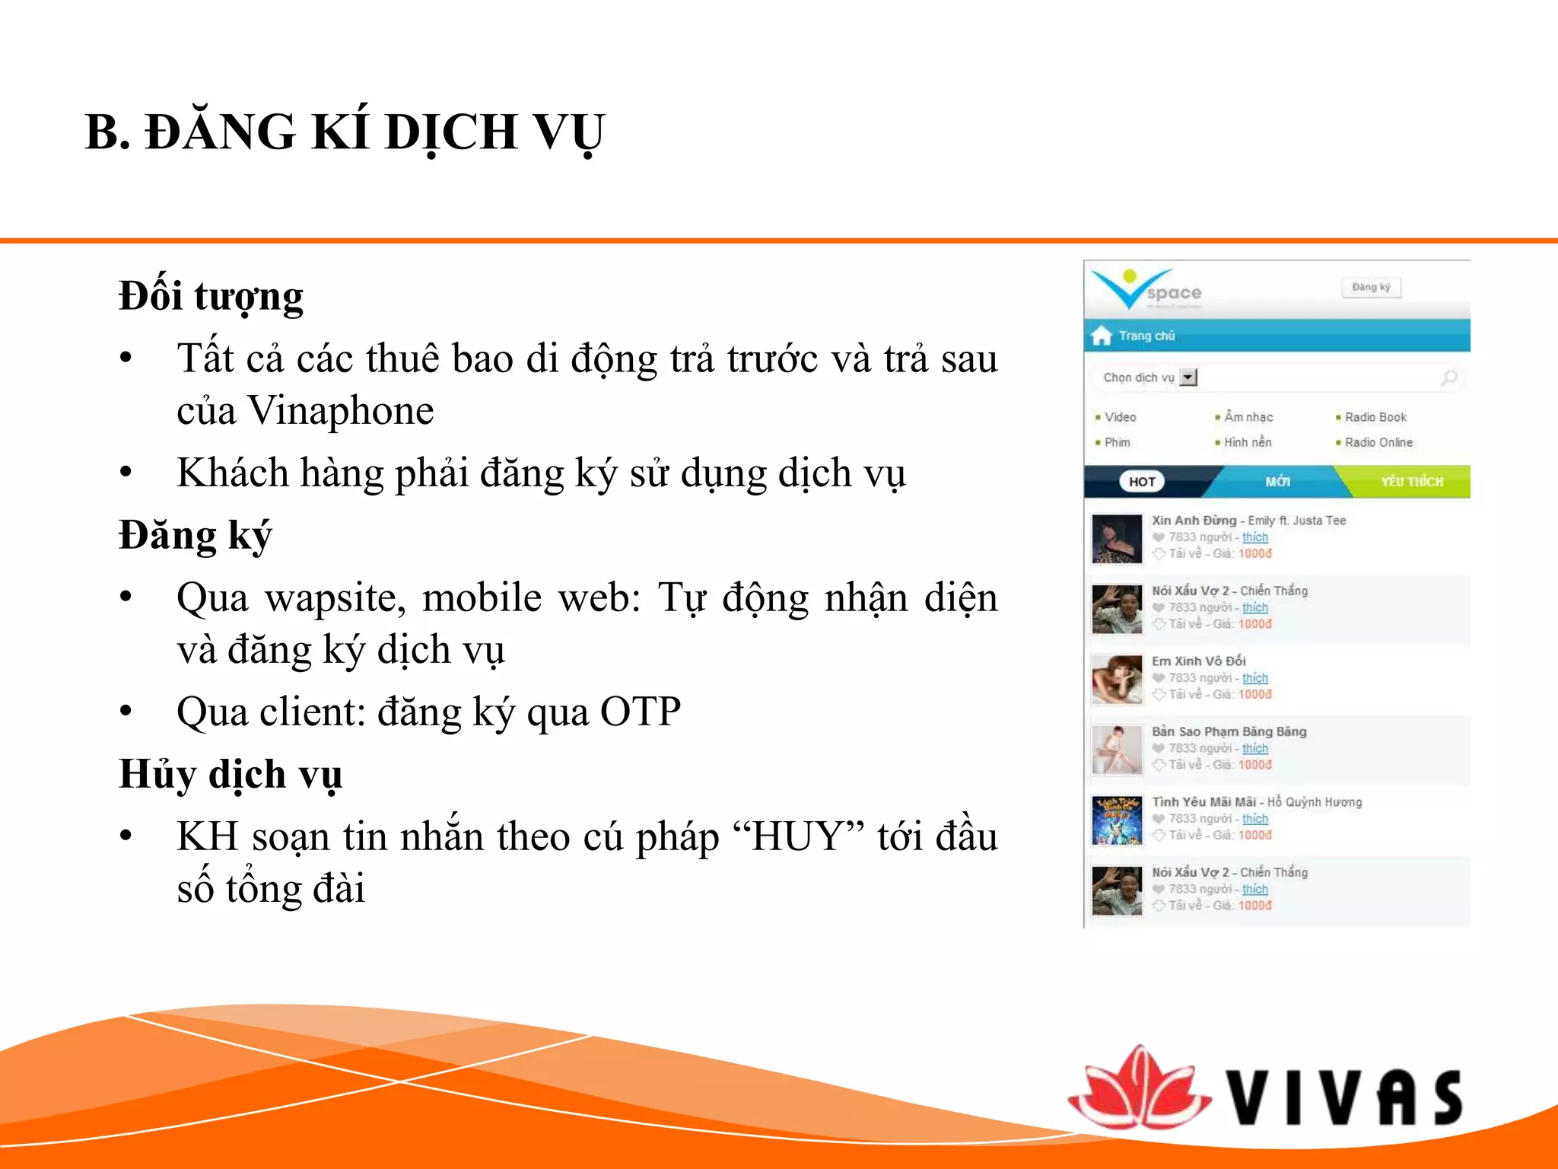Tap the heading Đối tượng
point(211,296)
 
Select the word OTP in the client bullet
point(640,712)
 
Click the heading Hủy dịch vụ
point(231,775)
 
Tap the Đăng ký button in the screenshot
point(1371,287)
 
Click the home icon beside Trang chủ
point(1102,336)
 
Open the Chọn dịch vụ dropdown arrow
point(1188,377)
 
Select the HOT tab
point(1141,482)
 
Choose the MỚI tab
point(1277,482)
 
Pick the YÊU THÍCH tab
point(1411,482)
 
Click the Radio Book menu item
point(1375,417)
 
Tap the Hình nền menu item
point(1248,442)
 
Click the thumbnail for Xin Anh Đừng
point(1117,539)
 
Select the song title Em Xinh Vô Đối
point(1198,661)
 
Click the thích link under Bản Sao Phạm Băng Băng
point(1255,748)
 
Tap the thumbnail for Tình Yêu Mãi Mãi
point(1117,820)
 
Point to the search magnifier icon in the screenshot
point(1448,377)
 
